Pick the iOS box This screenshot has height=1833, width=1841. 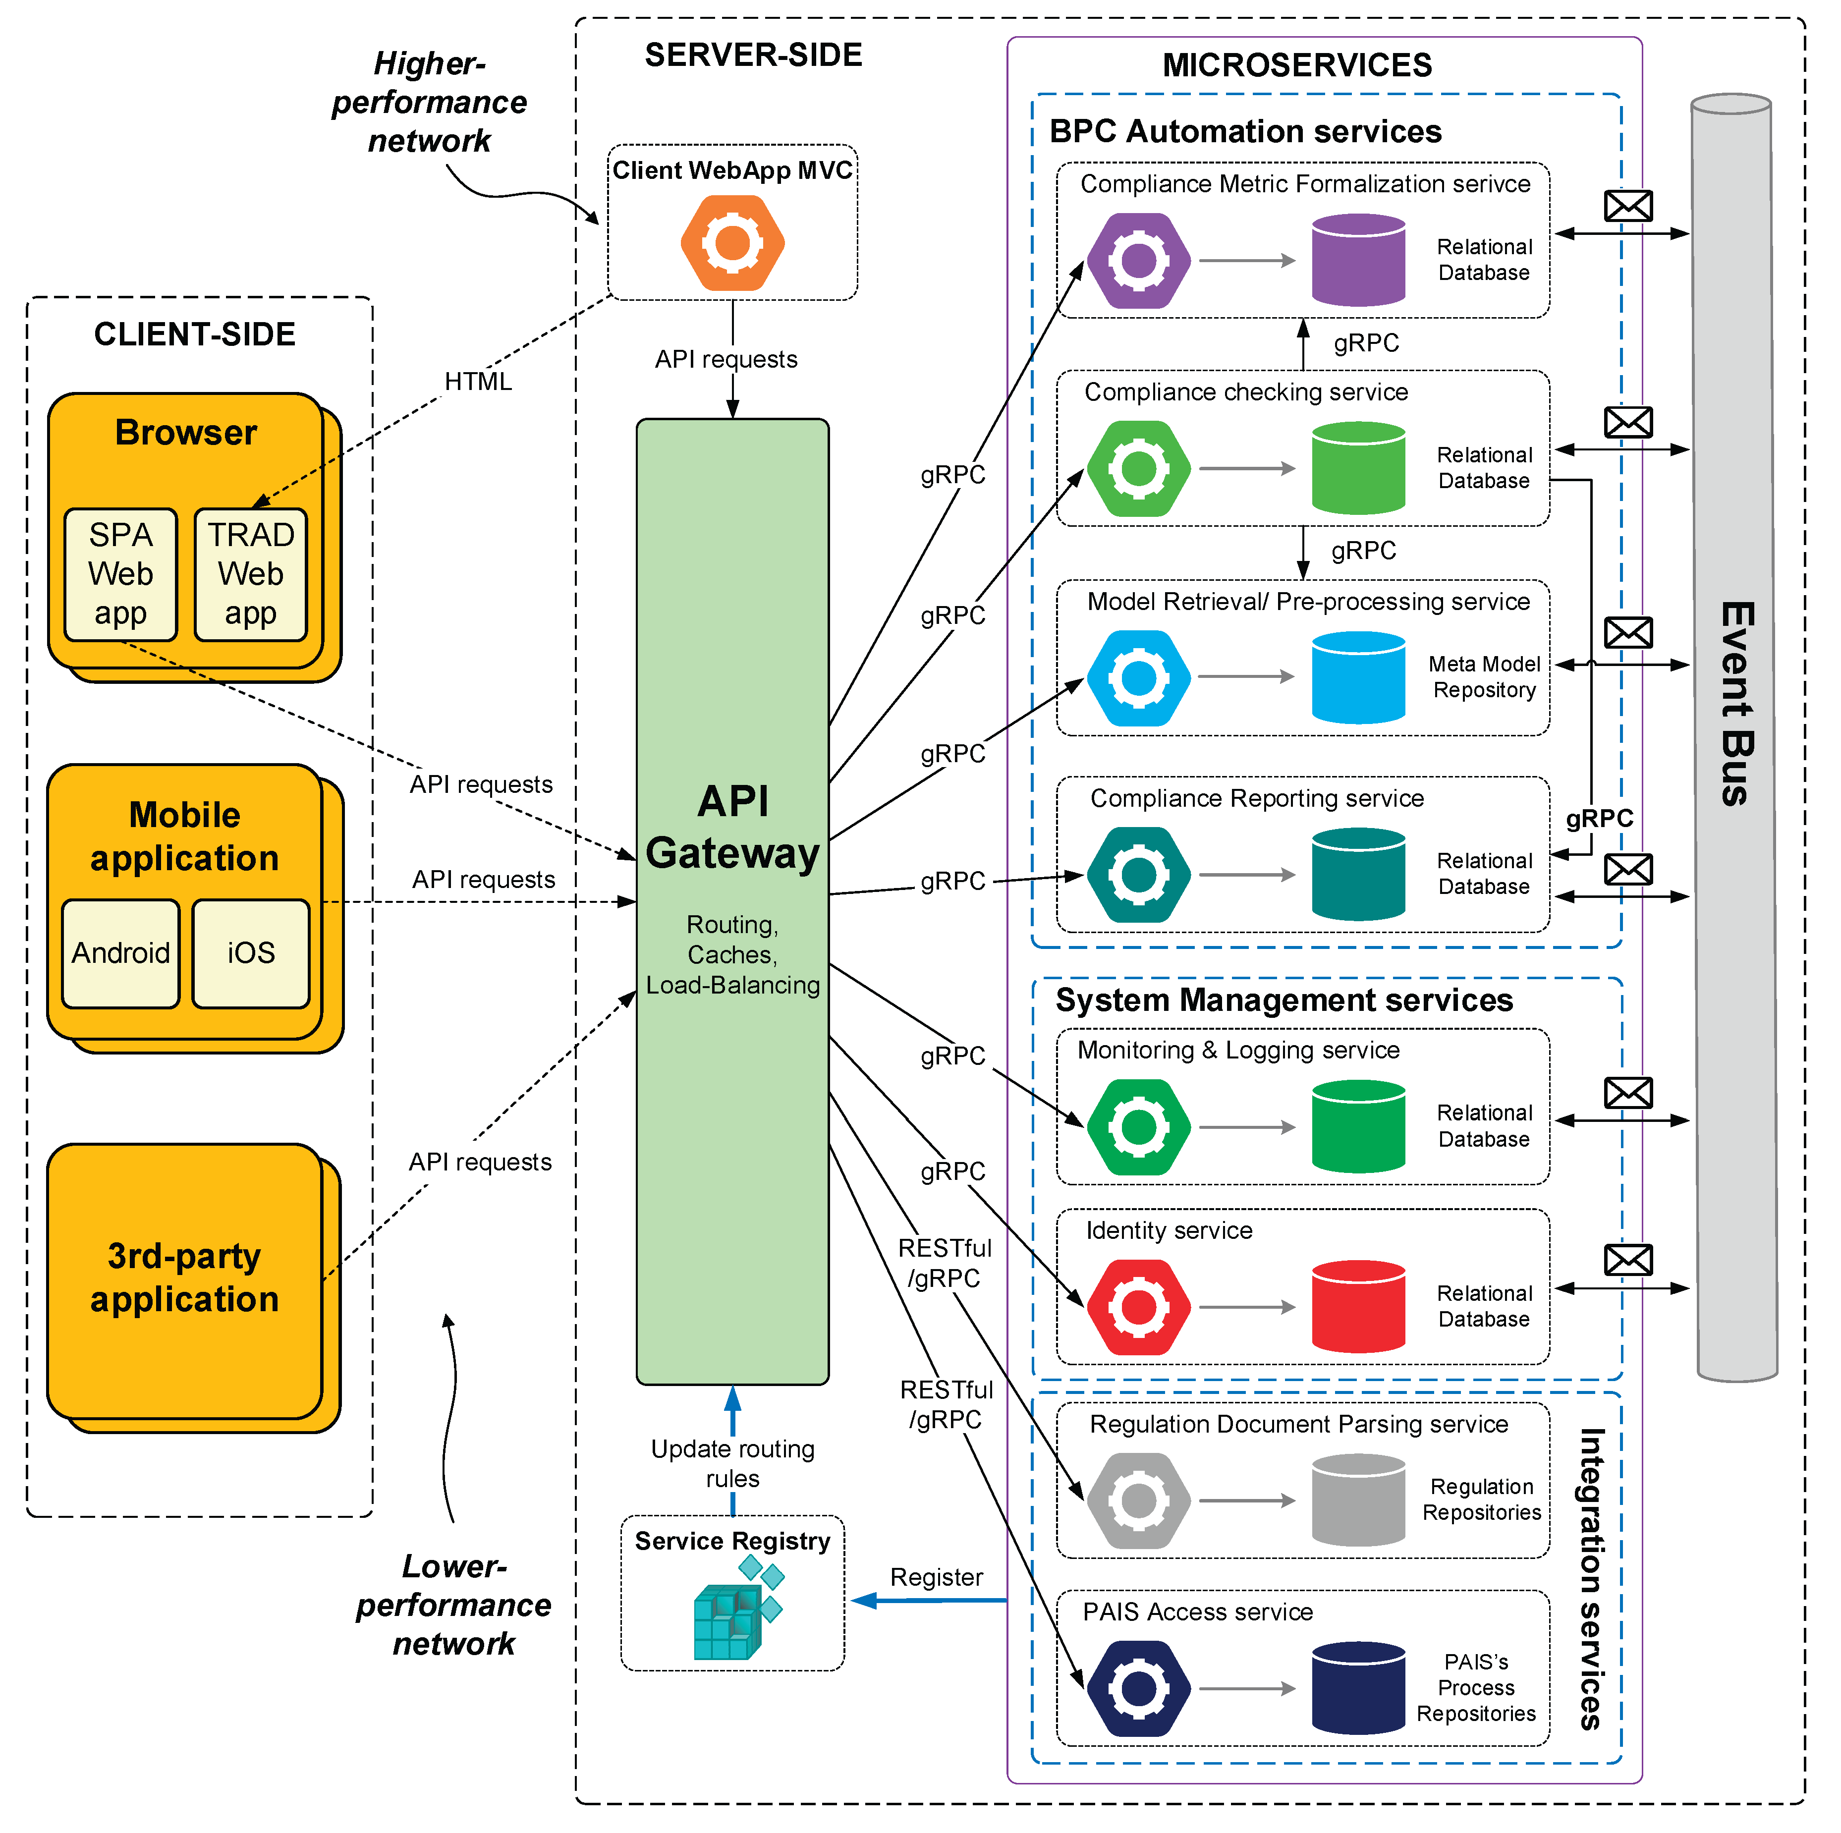pyautogui.click(x=251, y=953)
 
